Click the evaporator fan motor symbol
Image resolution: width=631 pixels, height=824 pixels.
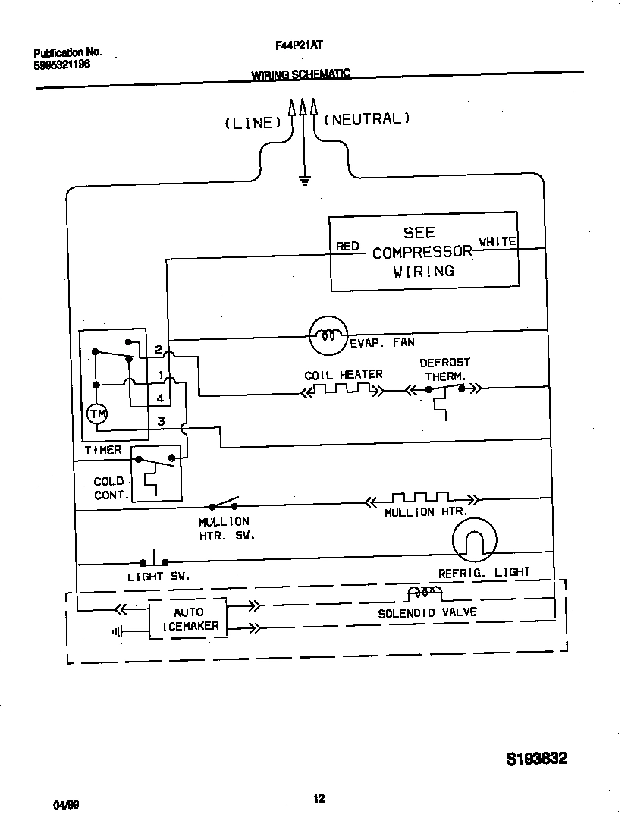point(328,335)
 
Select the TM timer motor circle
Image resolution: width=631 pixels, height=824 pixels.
point(96,414)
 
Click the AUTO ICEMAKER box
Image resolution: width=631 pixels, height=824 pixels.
point(188,618)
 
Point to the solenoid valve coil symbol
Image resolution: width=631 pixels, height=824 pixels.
point(424,593)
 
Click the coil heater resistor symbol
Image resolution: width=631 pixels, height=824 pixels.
point(343,391)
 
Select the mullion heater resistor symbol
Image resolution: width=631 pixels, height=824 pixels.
point(422,499)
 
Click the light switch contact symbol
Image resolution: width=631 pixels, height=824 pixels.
point(154,562)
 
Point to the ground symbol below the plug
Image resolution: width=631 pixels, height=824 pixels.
point(303,180)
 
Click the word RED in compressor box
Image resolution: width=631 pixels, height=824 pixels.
point(347,247)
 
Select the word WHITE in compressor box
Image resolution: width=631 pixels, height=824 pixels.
point(498,241)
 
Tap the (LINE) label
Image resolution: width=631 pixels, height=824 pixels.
point(253,123)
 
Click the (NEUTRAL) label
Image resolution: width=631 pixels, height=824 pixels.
point(367,118)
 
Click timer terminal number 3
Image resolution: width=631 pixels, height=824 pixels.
point(161,421)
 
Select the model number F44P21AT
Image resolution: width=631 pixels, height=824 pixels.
point(300,46)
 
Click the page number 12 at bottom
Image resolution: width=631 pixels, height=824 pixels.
point(319,797)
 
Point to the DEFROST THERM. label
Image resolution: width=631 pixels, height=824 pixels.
point(445,370)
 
